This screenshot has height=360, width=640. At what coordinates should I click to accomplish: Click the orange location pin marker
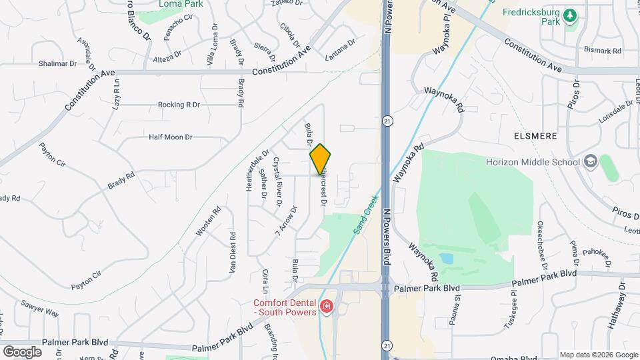(321, 159)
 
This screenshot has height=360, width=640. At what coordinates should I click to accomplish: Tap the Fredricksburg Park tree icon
(570, 15)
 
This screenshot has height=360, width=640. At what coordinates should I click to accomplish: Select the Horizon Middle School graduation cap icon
(590, 162)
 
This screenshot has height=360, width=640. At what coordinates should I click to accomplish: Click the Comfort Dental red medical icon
(327, 307)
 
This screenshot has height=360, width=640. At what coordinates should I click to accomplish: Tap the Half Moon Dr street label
(170, 137)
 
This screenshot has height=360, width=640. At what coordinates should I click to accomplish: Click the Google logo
(22, 351)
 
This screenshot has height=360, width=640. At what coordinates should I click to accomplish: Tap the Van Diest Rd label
(233, 254)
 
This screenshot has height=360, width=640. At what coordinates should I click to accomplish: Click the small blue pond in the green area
(446, 258)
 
